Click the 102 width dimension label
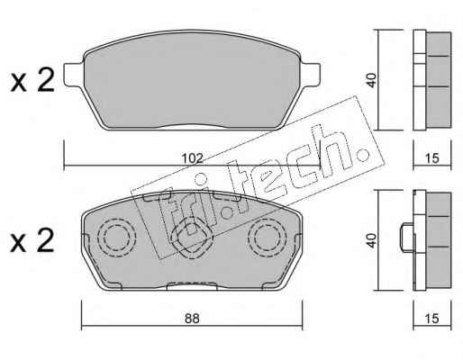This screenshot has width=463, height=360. click(193, 158)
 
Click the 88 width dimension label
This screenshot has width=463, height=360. click(192, 319)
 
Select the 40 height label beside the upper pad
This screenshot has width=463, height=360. click(372, 80)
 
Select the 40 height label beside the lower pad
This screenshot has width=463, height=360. click(372, 240)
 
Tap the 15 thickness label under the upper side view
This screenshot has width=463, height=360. click(432, 158)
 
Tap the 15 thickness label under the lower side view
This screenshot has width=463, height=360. click(432, 319)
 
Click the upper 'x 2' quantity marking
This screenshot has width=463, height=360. click(32, 80)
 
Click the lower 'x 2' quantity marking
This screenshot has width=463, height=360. click(32, 240)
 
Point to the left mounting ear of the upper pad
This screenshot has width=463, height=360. click(74, 75)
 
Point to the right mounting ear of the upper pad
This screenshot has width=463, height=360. click(310, 75)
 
